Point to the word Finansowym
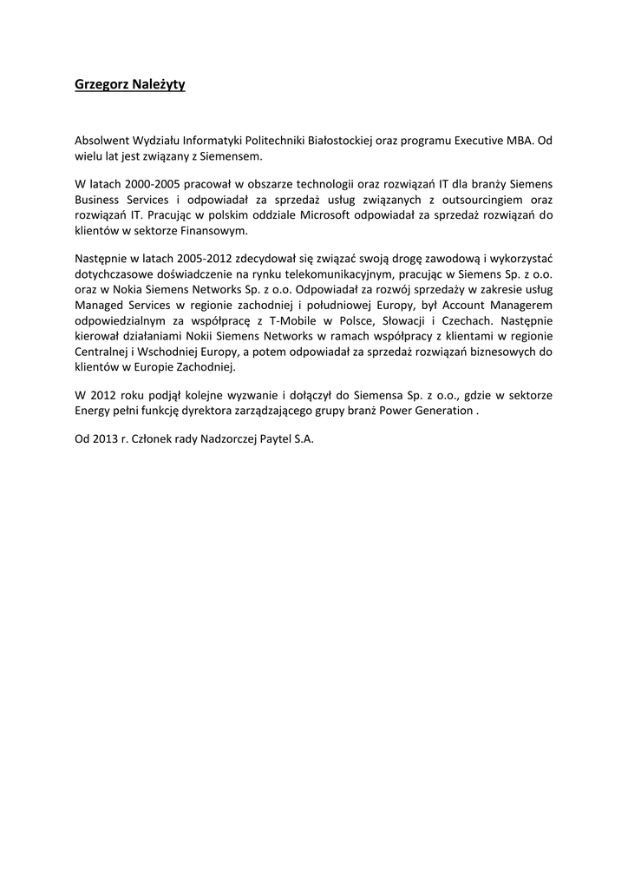(219, 230)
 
